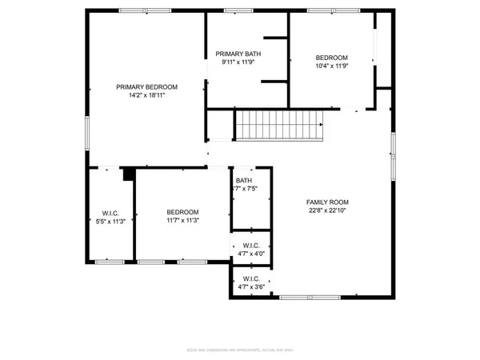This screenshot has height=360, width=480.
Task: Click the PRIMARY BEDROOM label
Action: [146, 86]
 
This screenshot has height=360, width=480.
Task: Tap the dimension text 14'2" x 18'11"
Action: [146, 95]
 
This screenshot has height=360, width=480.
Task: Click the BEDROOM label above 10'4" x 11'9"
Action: [331, 58]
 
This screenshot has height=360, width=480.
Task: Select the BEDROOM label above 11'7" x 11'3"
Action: [182, 211]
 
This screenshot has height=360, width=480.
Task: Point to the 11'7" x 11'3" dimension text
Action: [182, 220]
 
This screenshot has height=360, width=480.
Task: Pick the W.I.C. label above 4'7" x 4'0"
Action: [251, 245]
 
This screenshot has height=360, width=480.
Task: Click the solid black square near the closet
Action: [127, 174]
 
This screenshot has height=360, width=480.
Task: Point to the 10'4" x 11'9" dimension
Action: [331, 66]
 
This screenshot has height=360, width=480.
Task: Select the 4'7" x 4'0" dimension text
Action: [251, 254]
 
